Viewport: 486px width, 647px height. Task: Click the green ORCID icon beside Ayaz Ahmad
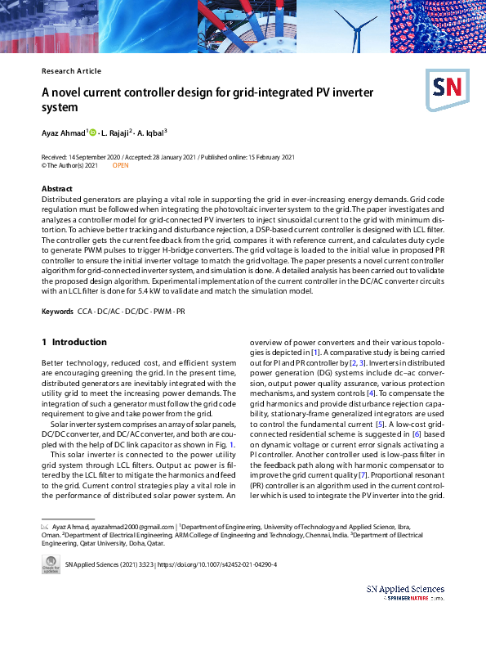point(92,132)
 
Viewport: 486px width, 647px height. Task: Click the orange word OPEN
point(120,165)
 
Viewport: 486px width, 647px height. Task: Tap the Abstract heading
point(57,189)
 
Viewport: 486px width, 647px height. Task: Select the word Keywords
point(58,312)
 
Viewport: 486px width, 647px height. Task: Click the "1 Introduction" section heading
point(74,342)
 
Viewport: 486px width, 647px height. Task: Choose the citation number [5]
point(380,424)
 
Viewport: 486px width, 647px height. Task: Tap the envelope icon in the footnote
point(45,527)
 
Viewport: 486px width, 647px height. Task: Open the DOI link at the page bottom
point(224,564)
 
